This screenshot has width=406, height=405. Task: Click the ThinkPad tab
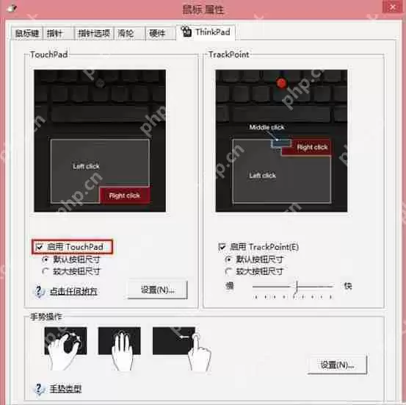208,32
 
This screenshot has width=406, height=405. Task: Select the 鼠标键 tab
27,33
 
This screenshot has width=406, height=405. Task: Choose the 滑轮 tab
126,33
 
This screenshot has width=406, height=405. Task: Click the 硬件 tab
157,33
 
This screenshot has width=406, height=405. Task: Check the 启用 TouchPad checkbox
39,247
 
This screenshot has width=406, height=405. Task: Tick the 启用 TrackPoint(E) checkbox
222,248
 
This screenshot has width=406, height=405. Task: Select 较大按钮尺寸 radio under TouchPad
46,270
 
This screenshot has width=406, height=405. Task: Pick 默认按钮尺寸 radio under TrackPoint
229,259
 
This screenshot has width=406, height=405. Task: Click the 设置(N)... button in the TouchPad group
156,289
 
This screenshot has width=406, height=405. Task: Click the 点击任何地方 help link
73,291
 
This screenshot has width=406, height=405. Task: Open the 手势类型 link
65,389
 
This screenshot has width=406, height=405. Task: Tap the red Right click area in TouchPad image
125,195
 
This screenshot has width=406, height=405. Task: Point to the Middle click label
267,127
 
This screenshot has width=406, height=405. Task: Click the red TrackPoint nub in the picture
280,84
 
